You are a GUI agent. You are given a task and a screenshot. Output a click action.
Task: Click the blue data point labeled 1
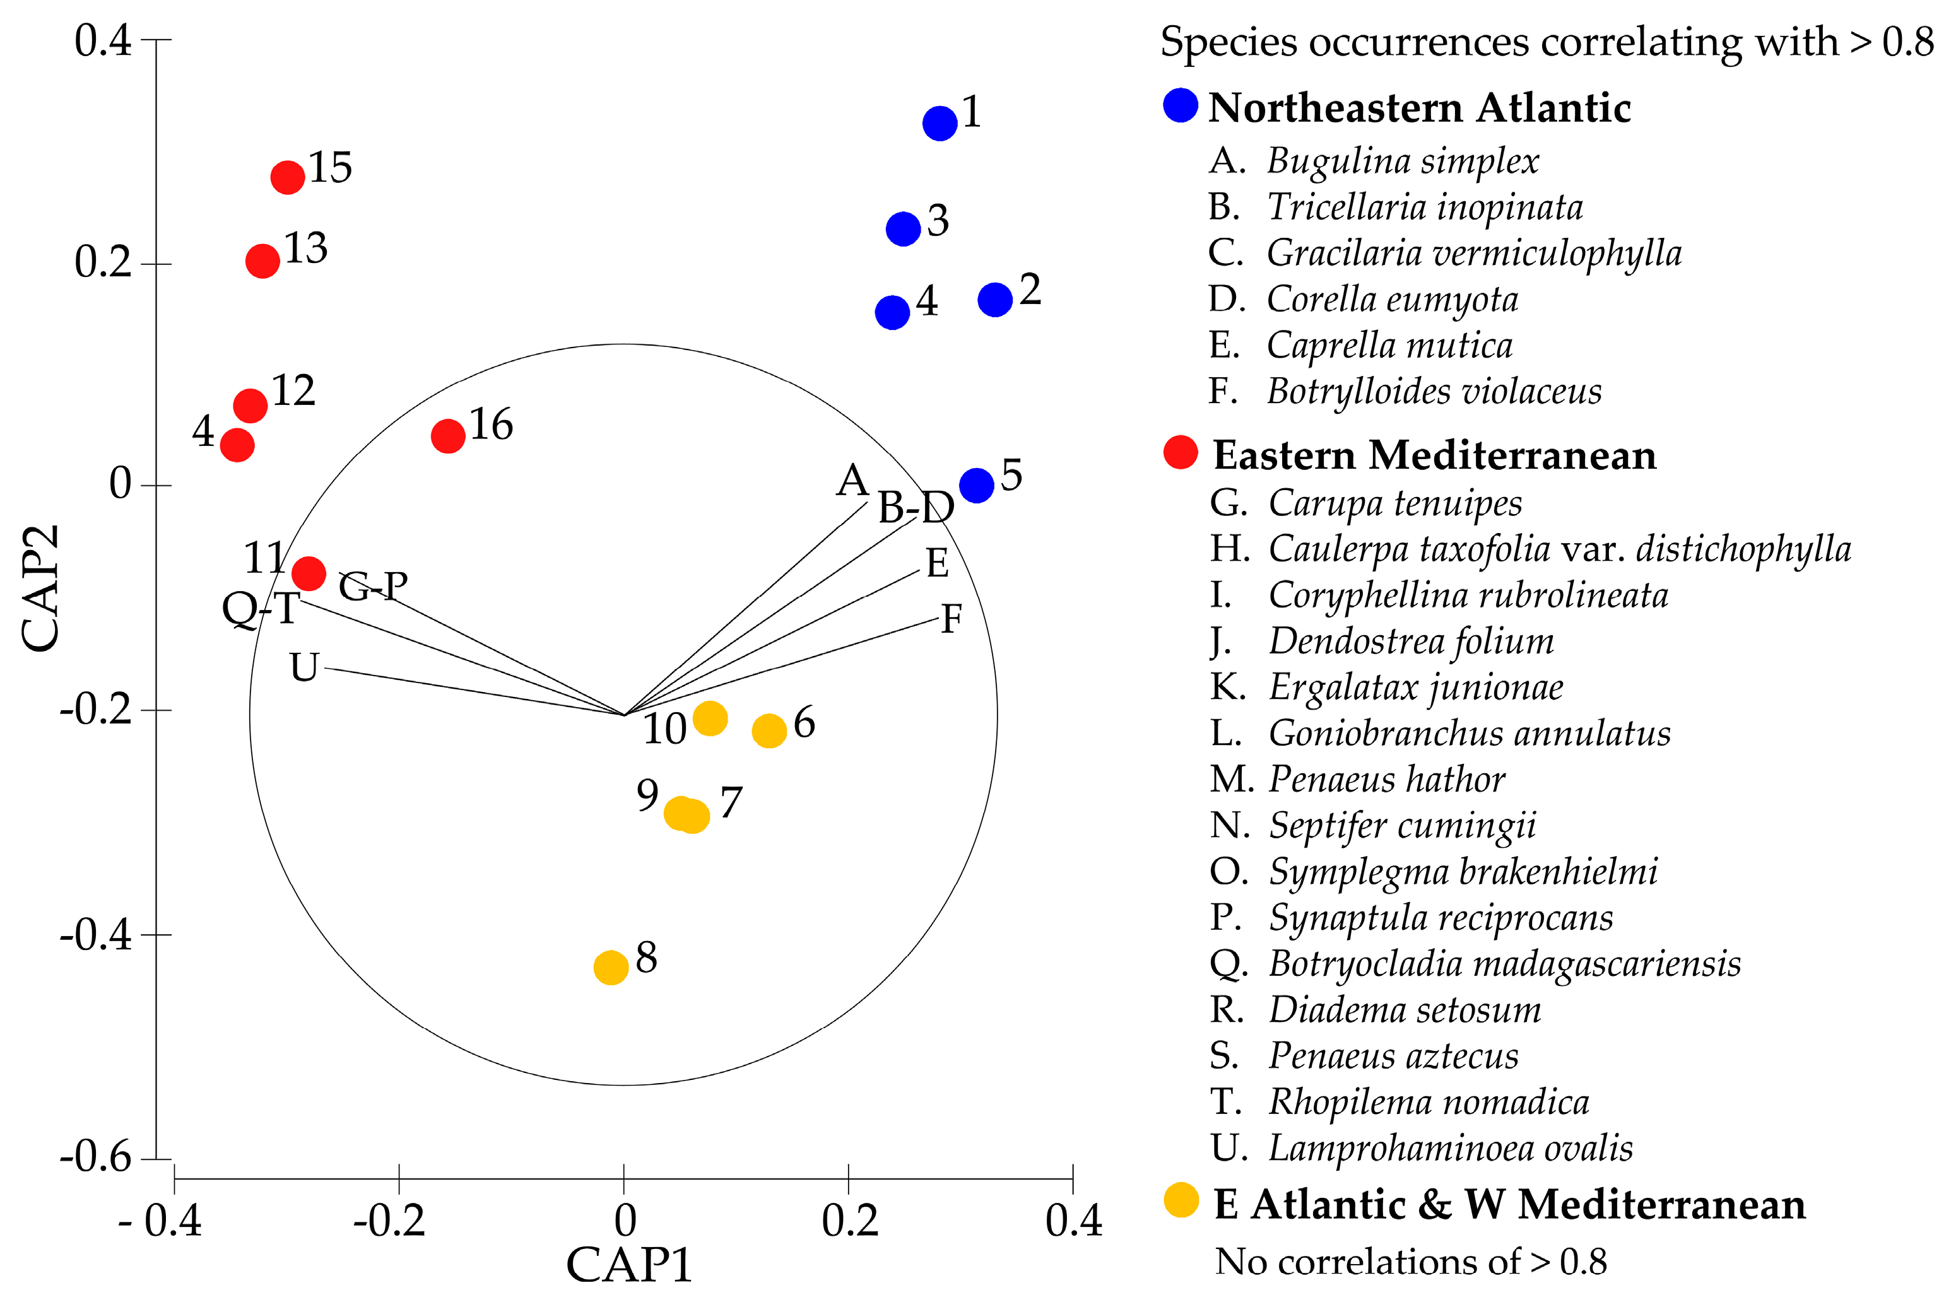coord(940,124)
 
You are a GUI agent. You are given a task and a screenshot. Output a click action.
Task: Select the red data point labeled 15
coord(288,177)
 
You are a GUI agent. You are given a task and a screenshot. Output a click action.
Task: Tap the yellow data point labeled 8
coord(611,967)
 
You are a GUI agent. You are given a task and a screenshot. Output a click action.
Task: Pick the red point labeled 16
coord(448,436)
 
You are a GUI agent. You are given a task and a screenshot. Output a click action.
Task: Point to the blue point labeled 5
coord(976,484)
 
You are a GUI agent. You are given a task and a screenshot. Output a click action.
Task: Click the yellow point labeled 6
coord(769,731)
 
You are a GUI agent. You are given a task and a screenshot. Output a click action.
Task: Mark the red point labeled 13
coord(262,261)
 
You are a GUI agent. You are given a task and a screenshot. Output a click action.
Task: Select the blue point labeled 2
coord(994,299)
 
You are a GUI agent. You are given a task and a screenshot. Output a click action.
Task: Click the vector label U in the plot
coord(304,667)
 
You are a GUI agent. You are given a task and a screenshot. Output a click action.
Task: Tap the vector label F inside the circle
coord(952,619)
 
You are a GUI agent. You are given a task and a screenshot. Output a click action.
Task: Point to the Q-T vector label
coord(260,609)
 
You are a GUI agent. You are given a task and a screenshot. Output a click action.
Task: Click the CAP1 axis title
coord(630,1265)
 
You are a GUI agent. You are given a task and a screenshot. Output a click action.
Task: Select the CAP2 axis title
coord(40,588)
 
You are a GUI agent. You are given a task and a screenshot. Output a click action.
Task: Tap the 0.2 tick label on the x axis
coord(849,1221)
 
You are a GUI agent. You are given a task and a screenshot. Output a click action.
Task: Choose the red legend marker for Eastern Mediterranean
coord(1181,453)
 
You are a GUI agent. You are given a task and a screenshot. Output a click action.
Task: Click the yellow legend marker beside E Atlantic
coord(1181,1201)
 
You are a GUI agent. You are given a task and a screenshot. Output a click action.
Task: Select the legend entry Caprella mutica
coord(1389,345)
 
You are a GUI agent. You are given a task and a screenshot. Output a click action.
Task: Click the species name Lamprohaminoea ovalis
coord(1450,1148)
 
